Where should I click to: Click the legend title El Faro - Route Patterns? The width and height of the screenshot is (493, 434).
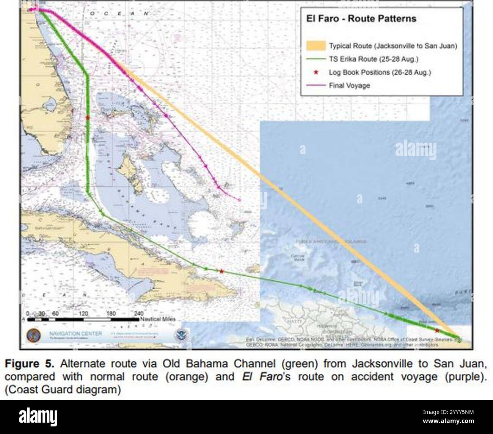(361, 19)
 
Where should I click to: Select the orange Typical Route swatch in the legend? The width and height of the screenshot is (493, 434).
(316, 46)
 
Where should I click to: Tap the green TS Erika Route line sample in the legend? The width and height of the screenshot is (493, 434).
(316, 59)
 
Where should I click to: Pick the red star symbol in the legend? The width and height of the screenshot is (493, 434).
(316, 72)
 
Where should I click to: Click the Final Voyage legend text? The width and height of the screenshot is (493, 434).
(349, 86)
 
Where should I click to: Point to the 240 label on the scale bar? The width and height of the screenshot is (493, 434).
(139, 314)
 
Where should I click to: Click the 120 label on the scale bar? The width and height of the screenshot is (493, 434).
(84, 314)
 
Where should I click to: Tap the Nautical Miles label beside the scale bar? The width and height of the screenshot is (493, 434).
(158, 319)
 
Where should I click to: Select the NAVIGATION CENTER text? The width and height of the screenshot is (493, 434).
(75, 333)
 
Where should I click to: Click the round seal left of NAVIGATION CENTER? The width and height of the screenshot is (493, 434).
(33, 336)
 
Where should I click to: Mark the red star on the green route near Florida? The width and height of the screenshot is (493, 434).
(88, 118)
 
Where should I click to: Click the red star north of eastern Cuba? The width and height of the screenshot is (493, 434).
(221, 271)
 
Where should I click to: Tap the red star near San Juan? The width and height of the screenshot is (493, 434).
(437, 330)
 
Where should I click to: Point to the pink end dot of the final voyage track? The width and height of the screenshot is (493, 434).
(239, 200)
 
